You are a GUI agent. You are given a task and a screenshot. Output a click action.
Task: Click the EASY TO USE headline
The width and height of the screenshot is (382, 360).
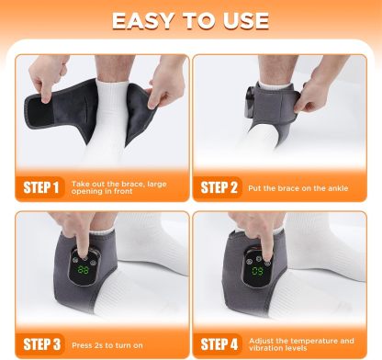pyautogui.click(x=191, y=20)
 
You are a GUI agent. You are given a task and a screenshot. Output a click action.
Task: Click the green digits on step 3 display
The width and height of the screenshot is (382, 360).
pyautogui.click(x=84, y=272)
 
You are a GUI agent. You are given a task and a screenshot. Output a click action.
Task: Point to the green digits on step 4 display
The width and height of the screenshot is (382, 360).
pyautogui.click(x=259, y=272)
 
